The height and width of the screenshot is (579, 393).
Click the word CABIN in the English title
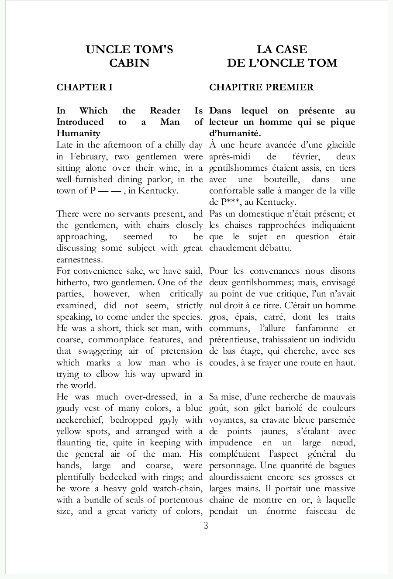pos(129,63)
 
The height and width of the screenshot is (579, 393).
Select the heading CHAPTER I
pos(84,87)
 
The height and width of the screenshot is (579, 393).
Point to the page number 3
pos(206,526)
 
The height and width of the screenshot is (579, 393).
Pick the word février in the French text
pos(304,157)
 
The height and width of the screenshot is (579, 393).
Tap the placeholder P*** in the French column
pos(229,202)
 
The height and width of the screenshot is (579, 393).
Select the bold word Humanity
pos(78,134)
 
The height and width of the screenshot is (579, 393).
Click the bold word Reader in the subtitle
pos(165,111)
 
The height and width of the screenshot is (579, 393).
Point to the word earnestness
pos(79,260)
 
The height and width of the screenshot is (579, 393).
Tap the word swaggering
pos(100,352)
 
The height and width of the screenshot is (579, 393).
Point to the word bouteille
pos(281,179)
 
